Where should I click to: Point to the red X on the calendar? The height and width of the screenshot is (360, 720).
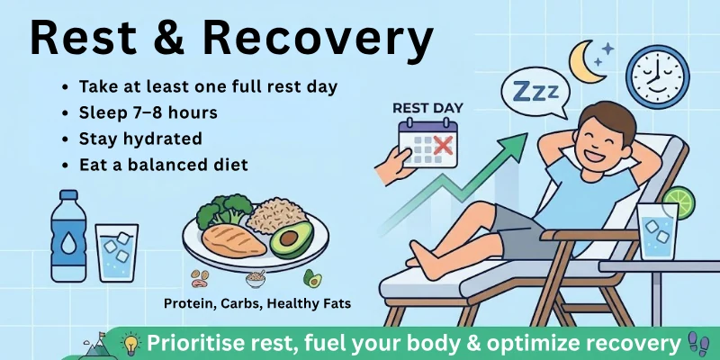click(x=439, y=147)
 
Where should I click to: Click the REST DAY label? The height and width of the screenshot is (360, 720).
click(x=427, y=109)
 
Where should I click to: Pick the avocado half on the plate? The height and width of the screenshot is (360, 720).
click(x=290, y=240)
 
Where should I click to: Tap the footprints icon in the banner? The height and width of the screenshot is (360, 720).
click(x=697, y=344)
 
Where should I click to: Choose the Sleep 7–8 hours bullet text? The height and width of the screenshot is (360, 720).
click(x=148, y=113)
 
